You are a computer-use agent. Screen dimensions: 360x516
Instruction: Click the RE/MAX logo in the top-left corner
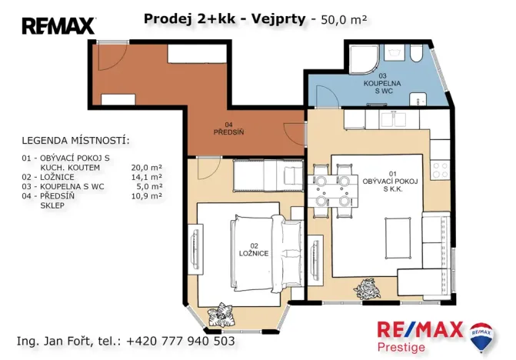(x=58, y=26)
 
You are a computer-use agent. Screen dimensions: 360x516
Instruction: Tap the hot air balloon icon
(x=482, y=336)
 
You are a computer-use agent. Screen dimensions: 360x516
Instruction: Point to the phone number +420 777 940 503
(x=180, y=341)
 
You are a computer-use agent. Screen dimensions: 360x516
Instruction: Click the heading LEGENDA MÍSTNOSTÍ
(x=75, y=142)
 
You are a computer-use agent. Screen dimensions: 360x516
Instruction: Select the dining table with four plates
(x=332, y=189)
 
